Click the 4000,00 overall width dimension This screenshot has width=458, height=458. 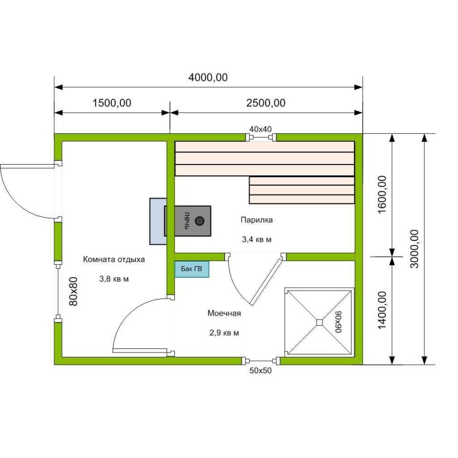coord(208,78)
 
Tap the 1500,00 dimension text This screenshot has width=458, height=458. coord(112,103)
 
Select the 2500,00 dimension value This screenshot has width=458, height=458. coord(266,103)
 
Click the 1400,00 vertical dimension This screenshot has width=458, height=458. coord(382,310)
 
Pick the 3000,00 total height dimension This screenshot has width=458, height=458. coord(414,249)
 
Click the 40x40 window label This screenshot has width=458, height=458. coord(260,129)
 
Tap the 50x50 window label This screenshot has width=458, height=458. coord(260,370)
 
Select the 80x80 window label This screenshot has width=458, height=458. coord(73,291)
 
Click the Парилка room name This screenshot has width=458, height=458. coord(257,220)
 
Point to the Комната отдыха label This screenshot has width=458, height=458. coord(114,259)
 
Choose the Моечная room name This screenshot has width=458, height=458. coord(224,314)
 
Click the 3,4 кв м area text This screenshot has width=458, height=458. coord(257,240)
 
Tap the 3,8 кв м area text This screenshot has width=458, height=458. coord(114,279)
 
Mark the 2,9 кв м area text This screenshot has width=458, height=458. coord(224,333)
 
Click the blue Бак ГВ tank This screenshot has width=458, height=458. coord(192,269)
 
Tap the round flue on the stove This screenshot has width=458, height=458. coord(199,221)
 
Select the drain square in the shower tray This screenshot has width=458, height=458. coord(320,322)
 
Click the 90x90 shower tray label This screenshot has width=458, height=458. coord(339,322)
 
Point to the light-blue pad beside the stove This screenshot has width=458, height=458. coord(158,221)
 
